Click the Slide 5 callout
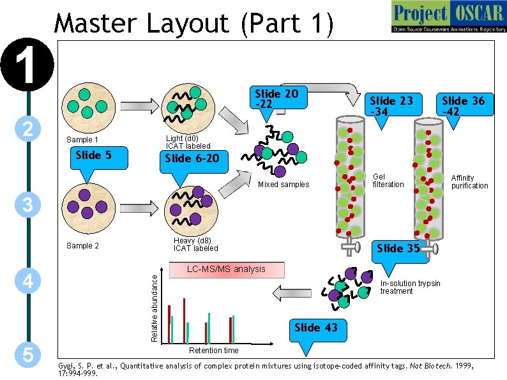(94, 155)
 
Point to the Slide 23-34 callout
(391, 105)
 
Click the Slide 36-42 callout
(463, 105)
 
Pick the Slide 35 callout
(398, 248)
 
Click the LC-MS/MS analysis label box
(226, 269)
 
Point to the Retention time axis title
(214, 350)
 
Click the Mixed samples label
(284, 185)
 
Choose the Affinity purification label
(469, 182)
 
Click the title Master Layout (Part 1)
(194, 24)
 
